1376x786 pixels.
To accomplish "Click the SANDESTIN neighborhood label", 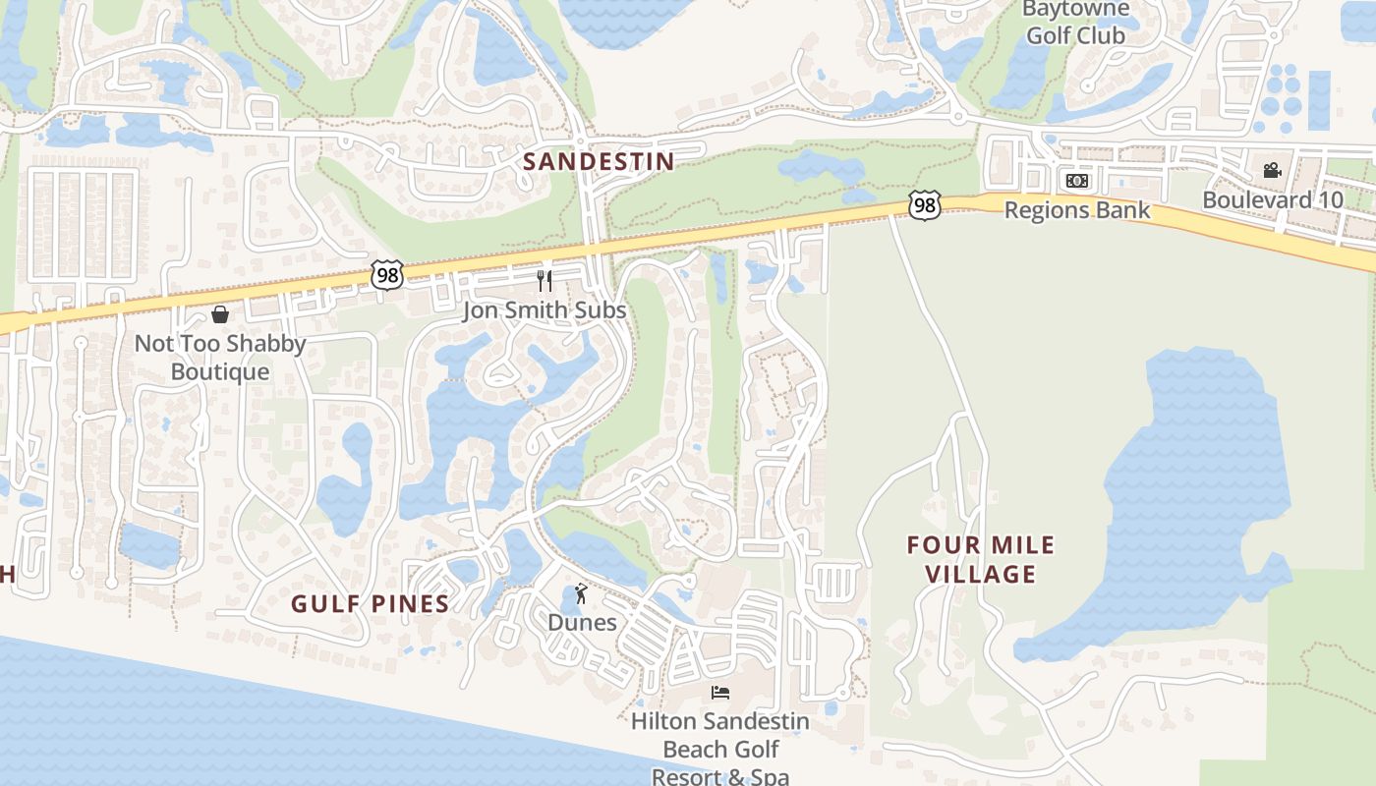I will pyautogui.click(x=599, y=161).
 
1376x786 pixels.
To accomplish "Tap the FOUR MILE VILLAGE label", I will pyautogui.click(x=981, y=559).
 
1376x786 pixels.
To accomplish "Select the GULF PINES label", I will pyautogui.click(x=370, y=603).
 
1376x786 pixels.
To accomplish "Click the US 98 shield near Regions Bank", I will pyautogui.click(x=925, y=204).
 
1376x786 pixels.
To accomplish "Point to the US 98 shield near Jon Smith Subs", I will pyautogui.click(x=387, y=275).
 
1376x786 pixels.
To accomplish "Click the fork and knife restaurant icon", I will pyautogui.click(x=545, y=281).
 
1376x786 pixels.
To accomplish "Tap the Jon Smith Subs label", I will pyautogui.click(x=545, y=311).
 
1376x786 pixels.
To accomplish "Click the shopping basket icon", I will pyautogui.click(x=220, y=314).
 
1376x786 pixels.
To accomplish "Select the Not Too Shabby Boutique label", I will pyautogui.click(x=220, y=358).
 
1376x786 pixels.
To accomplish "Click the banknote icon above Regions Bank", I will pyautogui.click(x=1077, y=181).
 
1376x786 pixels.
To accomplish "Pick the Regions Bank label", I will pyautogui.click(x=1077, y=210).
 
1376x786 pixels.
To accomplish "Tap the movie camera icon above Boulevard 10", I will pyautogui.click(x=1273, y=170).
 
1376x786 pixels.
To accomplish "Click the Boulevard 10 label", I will pyautogui.click(x=1273, y=199).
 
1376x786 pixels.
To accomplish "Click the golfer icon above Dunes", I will pyautogui.click(x=582, y=593).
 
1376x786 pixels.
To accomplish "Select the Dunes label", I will pyautogui.click(x=582, y=622).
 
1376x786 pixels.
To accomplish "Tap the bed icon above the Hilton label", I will pyautogui.click(x=720, y=693).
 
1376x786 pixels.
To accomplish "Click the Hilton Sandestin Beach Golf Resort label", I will pyautogui.click(x=720, y=749).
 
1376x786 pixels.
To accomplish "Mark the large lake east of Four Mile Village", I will pyautogui.click(x=1199, y=491).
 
